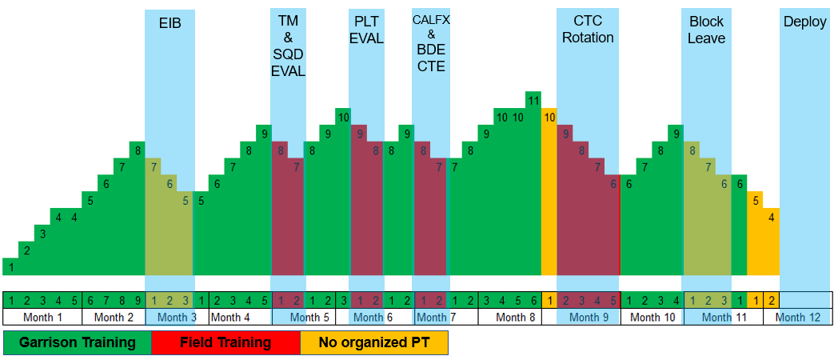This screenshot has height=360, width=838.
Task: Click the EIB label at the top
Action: [170, 22]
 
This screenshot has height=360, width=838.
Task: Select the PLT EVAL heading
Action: [366, 30]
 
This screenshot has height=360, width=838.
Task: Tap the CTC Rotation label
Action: [588, 30]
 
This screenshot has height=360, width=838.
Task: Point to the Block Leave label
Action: [707, 30]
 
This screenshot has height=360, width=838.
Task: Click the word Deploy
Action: [804, 22]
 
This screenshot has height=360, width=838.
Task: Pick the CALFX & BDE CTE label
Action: [430, 43]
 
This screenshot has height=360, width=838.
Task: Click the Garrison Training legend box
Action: [77, 342]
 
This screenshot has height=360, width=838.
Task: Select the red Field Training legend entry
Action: [225, 342]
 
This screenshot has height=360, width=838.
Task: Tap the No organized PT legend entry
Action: [373, 342]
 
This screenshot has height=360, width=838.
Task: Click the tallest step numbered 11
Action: [533, 100]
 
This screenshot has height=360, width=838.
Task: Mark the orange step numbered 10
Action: [549, 117]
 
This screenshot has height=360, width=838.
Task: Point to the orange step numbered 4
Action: [771, 217]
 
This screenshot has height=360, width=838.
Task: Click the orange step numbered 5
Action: [756, 200]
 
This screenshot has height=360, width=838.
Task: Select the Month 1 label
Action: [42, 317]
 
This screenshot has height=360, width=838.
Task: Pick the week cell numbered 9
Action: [138, 301]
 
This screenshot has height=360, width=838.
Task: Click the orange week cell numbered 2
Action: [771, 301]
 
